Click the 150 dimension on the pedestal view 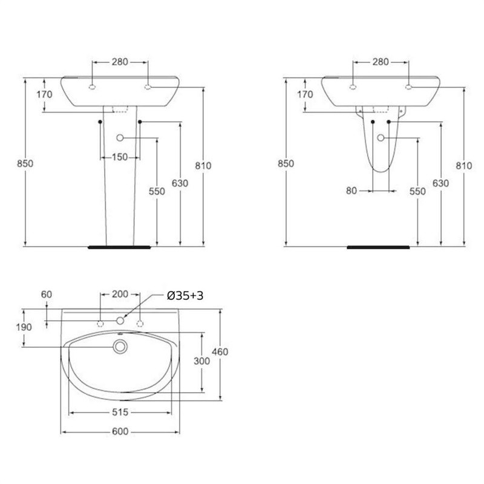(x=120, y=157)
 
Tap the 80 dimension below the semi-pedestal (x=352, y=191)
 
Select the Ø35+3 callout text (x=185, y=296)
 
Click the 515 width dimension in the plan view (x=120, y=412)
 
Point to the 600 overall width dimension (x=120, y=431)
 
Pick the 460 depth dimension (x=220, y=352)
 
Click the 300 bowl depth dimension (x=201, y=361)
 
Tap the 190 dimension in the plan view (x=24, y=327)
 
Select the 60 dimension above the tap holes (x=47, y=295)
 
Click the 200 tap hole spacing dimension (x=120, y=294)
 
